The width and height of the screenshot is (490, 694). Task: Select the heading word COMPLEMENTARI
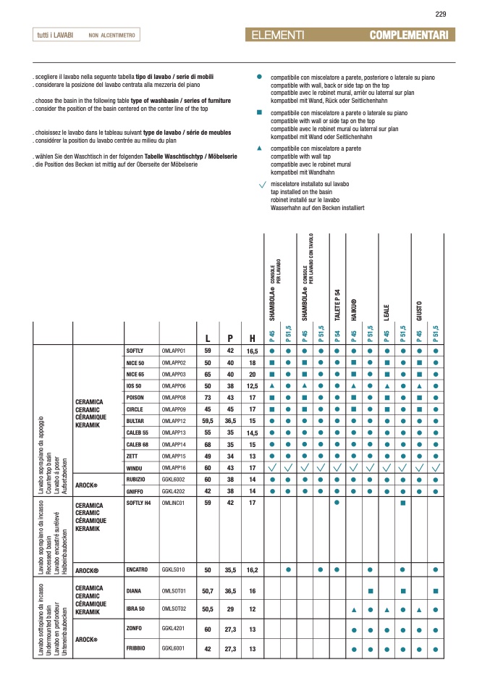409,35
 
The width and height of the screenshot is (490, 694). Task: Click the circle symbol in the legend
260,76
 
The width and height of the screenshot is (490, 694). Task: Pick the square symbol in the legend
260,113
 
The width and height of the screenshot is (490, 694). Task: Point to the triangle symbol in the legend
260,148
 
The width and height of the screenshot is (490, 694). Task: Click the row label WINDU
135,469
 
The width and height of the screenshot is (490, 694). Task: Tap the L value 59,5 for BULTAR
208,421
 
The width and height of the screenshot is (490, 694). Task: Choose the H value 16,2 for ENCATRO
253,570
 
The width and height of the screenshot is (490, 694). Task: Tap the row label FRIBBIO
136,649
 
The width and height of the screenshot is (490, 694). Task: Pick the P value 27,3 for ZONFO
230,630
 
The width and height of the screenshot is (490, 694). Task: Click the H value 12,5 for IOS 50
253,386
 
